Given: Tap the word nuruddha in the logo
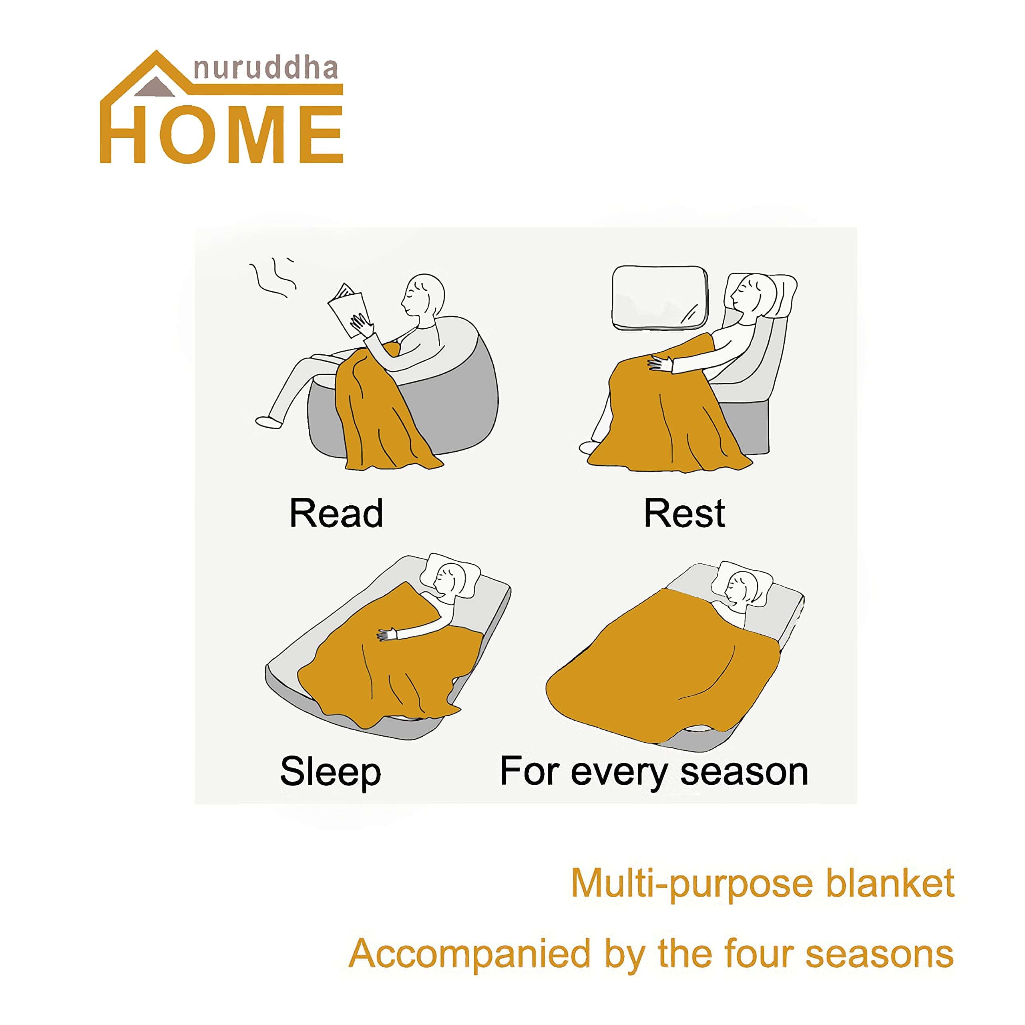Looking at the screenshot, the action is (266, 69).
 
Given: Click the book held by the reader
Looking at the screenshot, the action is (349, 310).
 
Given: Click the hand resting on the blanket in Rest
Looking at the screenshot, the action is (660, 364).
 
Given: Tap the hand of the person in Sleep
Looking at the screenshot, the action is (387, 633).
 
